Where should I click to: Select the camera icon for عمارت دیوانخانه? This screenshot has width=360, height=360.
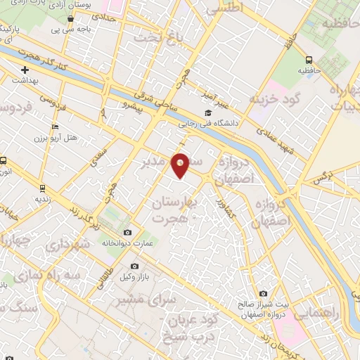pyautogui.click(x=127, y=233)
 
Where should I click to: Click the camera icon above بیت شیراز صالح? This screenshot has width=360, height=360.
pyautogui.click(x=263, y=293)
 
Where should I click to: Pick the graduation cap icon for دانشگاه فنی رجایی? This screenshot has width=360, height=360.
pyautogui.click(x=207, y=112)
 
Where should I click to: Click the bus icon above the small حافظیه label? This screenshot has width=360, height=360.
pyautogui.click(x=309, y=60)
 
